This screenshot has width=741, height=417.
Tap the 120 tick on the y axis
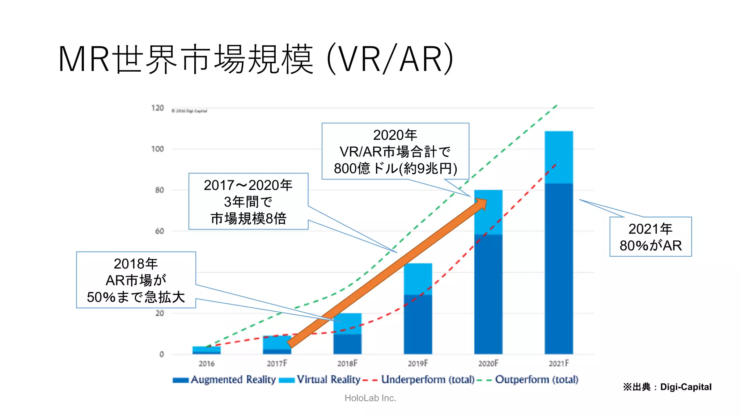point(157,108)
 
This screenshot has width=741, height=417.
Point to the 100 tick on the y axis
point(157,149)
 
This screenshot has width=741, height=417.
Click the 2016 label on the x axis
point(206,363)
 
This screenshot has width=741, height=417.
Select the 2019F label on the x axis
point(418,363)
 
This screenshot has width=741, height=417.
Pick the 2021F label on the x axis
point(559,363)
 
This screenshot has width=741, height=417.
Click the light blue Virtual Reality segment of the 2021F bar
point(559,157)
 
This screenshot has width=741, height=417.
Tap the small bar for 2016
point(206,350)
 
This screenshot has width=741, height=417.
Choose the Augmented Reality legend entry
point(224,380)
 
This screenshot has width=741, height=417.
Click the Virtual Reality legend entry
point(320,380)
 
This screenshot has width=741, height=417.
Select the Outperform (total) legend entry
point(528,380)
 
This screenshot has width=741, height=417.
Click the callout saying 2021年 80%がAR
point(650,237)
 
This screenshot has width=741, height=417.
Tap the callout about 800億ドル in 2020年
point(395,151)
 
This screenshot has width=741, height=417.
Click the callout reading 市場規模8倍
point(248,201)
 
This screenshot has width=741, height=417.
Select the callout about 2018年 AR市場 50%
point(136,280)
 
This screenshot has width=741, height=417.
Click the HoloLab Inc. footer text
point(370,398)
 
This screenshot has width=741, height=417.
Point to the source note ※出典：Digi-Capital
point(667,387)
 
